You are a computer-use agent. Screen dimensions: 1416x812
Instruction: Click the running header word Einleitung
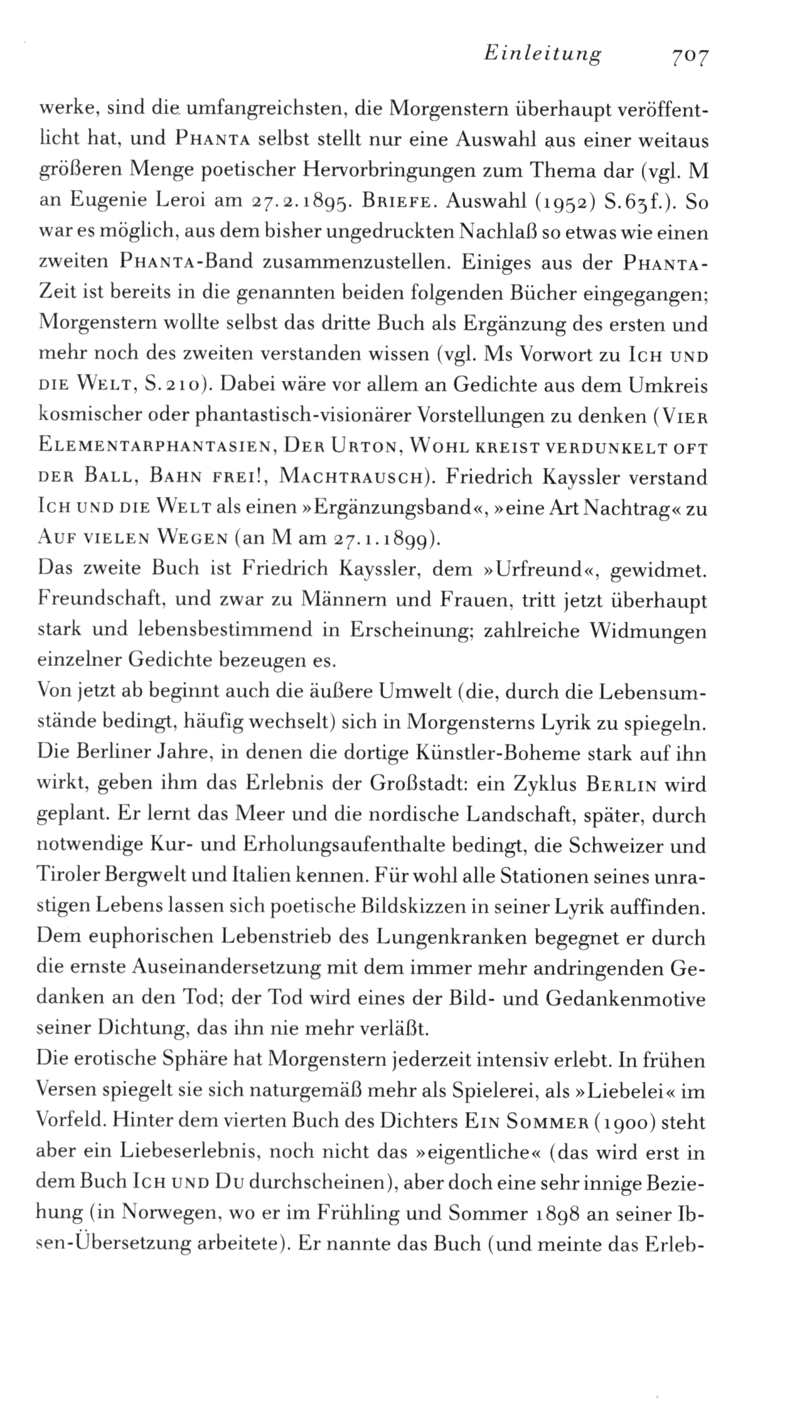pos(543,55)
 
